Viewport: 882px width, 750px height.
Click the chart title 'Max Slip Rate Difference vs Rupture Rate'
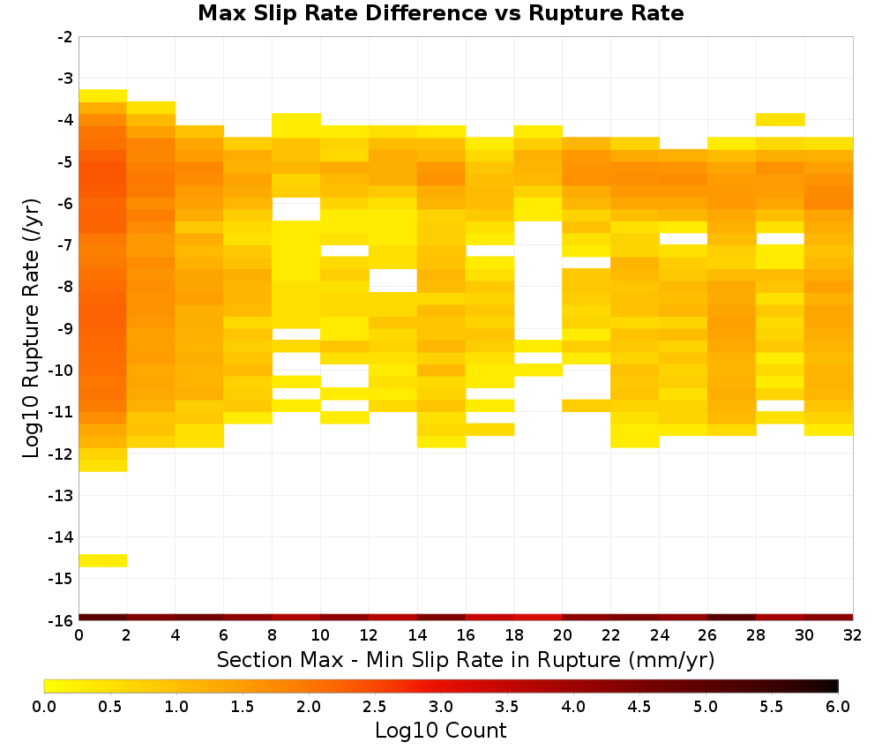[x=440, y=13]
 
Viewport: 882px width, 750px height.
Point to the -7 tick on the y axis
[x=65, y=244]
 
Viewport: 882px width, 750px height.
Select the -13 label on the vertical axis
[x=62, y=496]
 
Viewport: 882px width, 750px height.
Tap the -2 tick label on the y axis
[x=65, y=37]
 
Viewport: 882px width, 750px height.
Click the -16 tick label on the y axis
[x=62, y=620]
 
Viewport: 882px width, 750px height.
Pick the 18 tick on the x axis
[x=514, y=635]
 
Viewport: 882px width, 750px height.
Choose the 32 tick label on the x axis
[x=853, y=635]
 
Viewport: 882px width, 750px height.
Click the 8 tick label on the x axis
[x=273, y=635]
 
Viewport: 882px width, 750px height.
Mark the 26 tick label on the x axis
[x=707, y=635]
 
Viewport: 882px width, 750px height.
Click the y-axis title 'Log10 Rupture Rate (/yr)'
[x=32, y=328]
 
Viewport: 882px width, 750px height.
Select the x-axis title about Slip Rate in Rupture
[x=466, y=659]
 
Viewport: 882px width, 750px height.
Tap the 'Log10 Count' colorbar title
[x=440, y=731]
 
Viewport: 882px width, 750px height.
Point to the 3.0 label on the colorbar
[x=441, y=707]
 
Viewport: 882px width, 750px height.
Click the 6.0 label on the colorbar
[x=838, y=707]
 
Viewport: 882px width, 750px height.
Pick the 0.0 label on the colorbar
[x=44, y=707]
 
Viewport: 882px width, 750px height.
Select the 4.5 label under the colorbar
[x=639, y=707]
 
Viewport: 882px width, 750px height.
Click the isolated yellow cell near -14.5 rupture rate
[x=103, y=560]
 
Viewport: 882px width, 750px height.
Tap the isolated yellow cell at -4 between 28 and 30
[x=781, y=119]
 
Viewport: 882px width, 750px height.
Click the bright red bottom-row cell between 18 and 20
[x=538, y=618]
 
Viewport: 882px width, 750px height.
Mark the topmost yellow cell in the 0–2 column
[x=103, y=95]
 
